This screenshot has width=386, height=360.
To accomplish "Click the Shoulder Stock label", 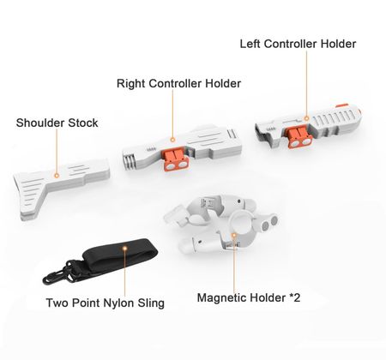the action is (x=57, y=123).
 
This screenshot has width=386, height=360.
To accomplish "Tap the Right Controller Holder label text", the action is (x=178, y=83).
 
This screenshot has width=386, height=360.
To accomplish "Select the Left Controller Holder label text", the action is (x=298, y=44).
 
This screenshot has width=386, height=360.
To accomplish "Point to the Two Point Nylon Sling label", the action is (x=106, y=303).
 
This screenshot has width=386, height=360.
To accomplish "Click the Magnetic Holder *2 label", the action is (x=249, y=297).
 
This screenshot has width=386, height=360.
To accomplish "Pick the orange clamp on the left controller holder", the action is (x=299, y=137).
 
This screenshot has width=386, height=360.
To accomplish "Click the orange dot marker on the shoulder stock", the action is (x=57, y=176).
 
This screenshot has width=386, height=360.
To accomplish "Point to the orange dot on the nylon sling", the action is (x=124, y=248).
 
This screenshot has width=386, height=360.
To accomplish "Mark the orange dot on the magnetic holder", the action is (x=234, y=235).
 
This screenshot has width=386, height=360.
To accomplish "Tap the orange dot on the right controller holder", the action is (x=172, y=140).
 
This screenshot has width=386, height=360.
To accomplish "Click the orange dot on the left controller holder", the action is (x=306, y=118).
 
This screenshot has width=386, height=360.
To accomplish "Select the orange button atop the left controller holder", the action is (x=342, y=105).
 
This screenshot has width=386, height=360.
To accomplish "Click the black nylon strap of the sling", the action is (x=120, y=255).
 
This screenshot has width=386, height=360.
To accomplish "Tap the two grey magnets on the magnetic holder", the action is (x=269, y=223).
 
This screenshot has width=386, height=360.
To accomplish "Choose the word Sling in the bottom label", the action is (x=151, y=303).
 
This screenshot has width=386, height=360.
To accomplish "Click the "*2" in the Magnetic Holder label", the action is (x=294, y=297).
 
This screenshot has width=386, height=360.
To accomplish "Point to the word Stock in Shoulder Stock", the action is (x=83, y=123).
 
